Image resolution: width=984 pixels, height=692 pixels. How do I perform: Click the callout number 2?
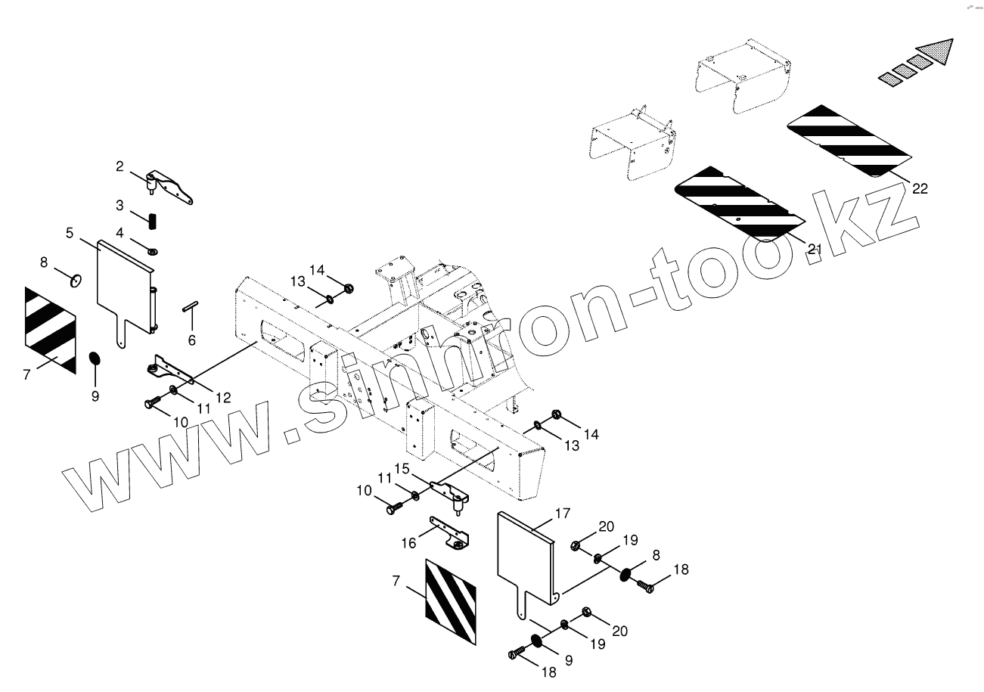[x=120, y=166]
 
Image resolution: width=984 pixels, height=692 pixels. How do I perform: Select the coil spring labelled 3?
[x=152, y=221]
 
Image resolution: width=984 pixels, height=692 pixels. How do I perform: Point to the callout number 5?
[x=70, y=232]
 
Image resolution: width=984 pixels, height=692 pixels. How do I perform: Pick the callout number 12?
[x=222, y=396]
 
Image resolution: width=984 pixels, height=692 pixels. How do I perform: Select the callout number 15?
[x=402, y=469]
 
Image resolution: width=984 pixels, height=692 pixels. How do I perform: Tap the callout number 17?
[x=561, y=514]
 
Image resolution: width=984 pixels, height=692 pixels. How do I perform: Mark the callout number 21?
[x=815, y=249]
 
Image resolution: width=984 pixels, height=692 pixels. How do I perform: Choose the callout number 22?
[x=920, y=188]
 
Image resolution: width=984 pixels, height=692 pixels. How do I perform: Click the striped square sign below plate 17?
[x=450, y=602]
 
